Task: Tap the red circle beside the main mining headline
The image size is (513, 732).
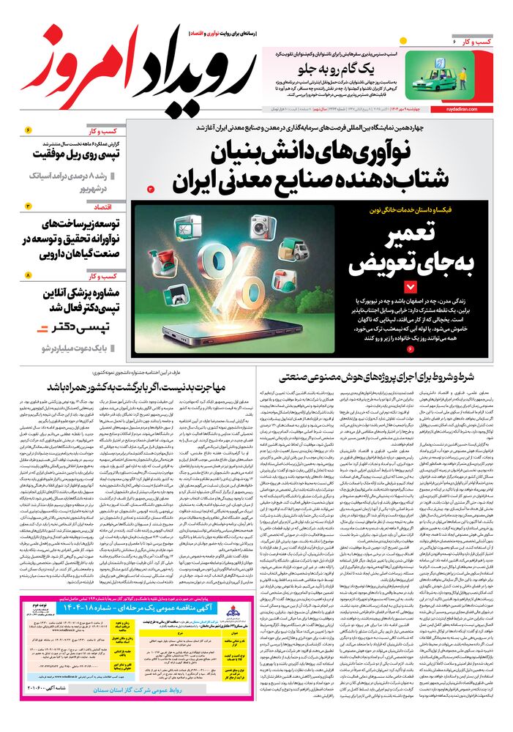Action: coord(151,189)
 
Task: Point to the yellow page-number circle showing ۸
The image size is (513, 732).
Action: coord(29,276)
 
